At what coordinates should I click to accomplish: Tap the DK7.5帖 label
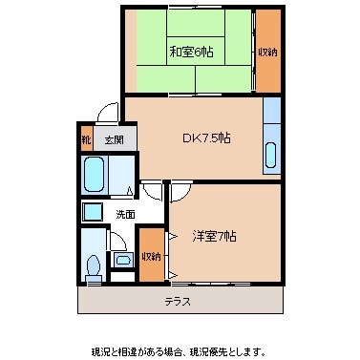tap(206, 138)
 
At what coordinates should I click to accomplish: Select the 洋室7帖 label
tap(215, 236)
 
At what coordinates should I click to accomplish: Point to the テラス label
tap(177, 301)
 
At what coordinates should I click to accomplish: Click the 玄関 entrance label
tap(113, 140)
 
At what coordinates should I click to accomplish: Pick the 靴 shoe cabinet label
tap(87, 140)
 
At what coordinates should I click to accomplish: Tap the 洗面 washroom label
tap(124, 214)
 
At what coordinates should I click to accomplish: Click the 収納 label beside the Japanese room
tap(267, 52)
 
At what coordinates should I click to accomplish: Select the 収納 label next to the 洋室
tap(151, 256)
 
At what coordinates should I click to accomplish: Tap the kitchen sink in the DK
tap(271, 153)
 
